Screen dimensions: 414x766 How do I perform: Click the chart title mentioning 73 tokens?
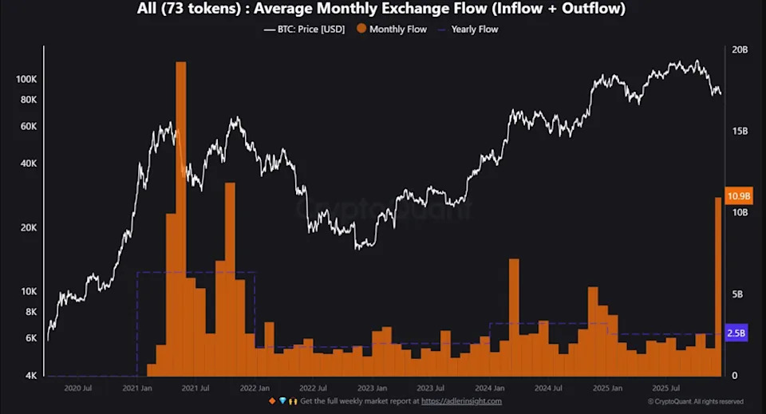(x=382, y=10)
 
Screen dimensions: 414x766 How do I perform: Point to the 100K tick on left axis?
(x=26, y=80)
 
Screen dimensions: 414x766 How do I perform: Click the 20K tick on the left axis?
(x=29, y=227)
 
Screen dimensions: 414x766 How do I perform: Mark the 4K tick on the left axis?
(x=31, y=376)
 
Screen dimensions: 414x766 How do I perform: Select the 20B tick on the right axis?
(x=740, y=49)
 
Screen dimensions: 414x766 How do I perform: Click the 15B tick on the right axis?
(x=740, y=131)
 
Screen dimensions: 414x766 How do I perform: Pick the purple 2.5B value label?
(x=736, y=333)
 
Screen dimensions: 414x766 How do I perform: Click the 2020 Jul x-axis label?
(x=77, y=388)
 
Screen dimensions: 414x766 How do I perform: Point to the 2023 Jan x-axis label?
(x=371, y=388)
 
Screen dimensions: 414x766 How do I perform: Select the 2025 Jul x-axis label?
(x=665, y=388)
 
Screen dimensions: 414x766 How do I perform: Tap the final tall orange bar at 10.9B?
(x=718, y=287)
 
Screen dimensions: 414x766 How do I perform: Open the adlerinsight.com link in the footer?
(x=461, y=400)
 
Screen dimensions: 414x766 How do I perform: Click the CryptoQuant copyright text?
(x=695, y=401)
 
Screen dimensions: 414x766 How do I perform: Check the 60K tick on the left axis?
(x=29, y=126)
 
